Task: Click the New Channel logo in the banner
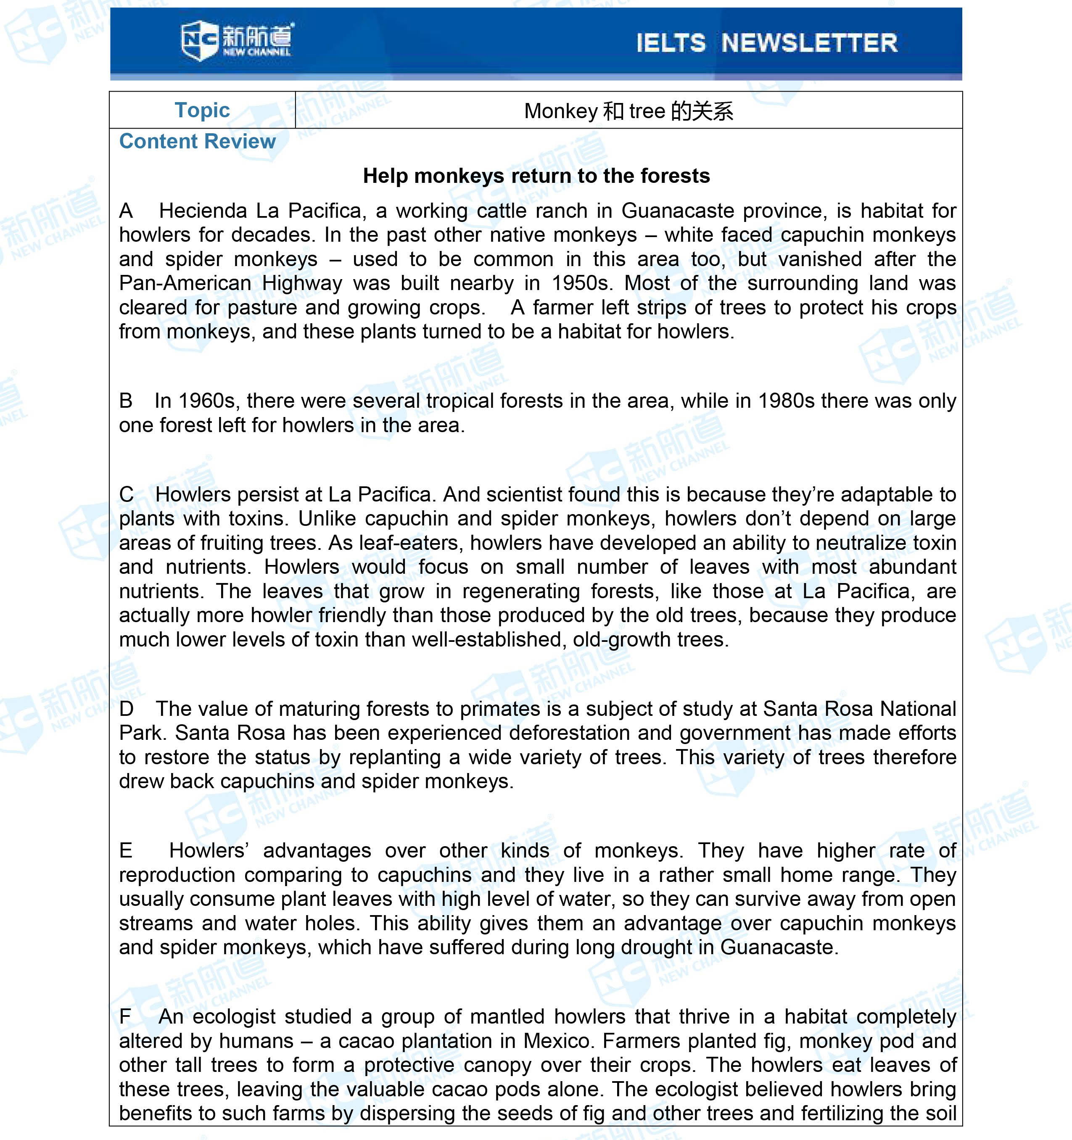point(236,40)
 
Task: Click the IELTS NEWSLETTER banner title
point(767,43)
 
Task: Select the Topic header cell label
point(202,110)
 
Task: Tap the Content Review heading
point(197,141)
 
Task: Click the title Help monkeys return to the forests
point(536,175)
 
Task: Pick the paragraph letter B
point(126,401)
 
